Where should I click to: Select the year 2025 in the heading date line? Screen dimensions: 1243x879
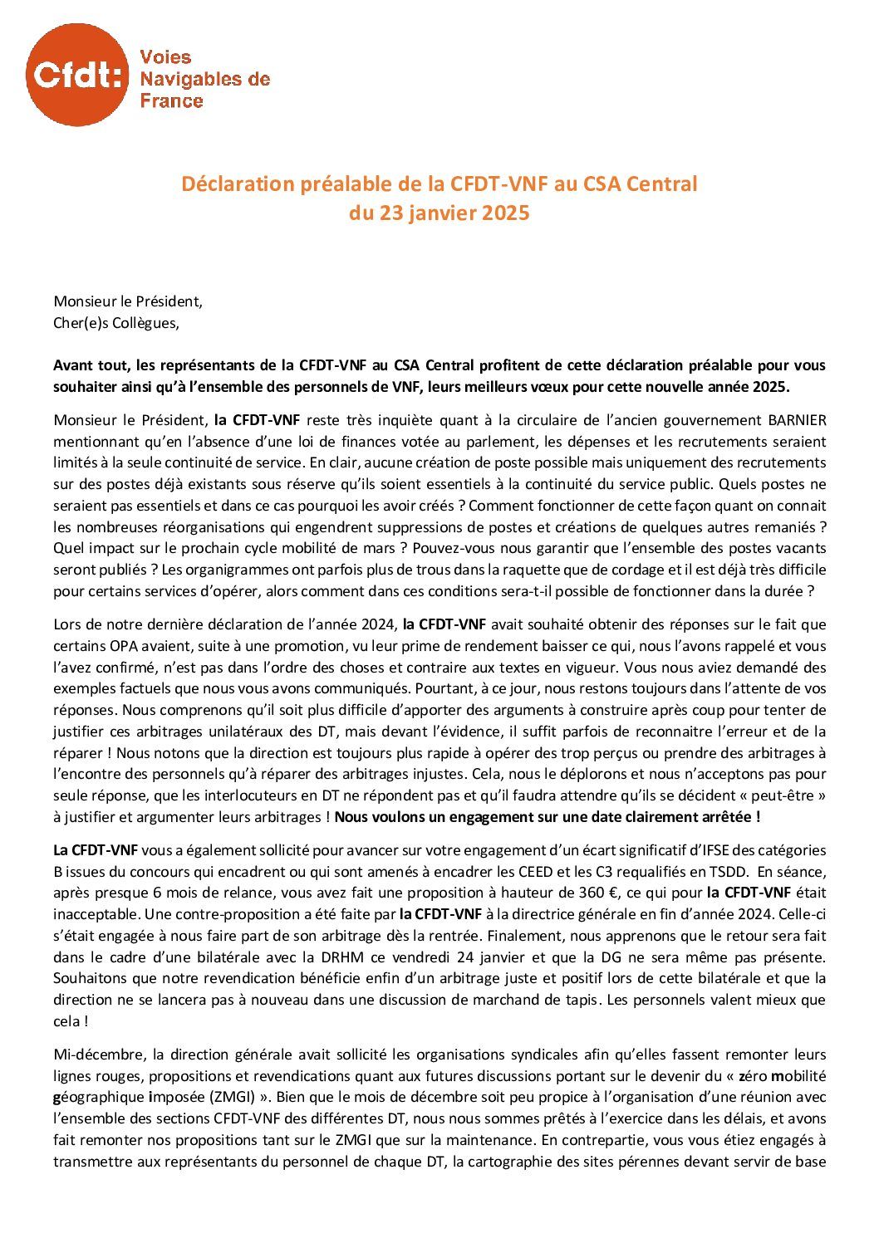pos(505,213)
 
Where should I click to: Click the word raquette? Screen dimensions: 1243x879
pos(464,570)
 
